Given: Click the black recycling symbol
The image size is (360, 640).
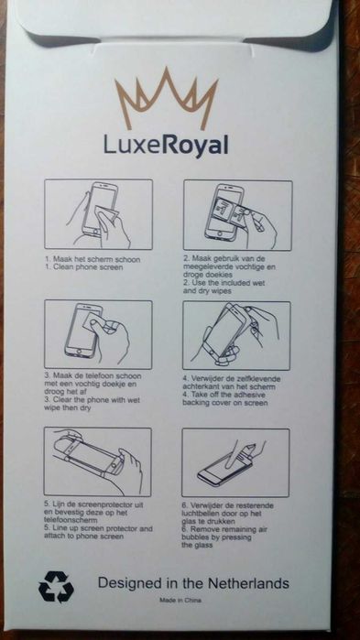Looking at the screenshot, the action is (56, 587).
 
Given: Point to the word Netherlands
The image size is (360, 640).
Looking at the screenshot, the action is (248, 583).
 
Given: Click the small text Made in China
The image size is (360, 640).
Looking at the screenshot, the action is (180, 600).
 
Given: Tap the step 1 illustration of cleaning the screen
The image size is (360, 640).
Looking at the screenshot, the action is (98, 214).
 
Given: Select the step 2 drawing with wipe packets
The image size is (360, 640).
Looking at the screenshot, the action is (237, 215).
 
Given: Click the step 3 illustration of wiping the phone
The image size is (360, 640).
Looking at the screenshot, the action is (98, 335).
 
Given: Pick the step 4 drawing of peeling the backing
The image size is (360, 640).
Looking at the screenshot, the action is (236, 336).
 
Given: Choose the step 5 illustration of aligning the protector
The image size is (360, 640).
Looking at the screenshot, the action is (97, 461).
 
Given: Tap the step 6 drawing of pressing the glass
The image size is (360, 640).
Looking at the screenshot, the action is (235, 463).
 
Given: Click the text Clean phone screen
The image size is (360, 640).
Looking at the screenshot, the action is (87, 267).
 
